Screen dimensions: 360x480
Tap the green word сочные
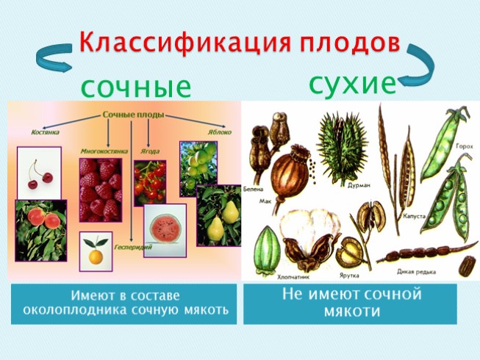coord(136,87)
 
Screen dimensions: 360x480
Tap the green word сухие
coord(352,83)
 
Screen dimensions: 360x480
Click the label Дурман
coord(358,187)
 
